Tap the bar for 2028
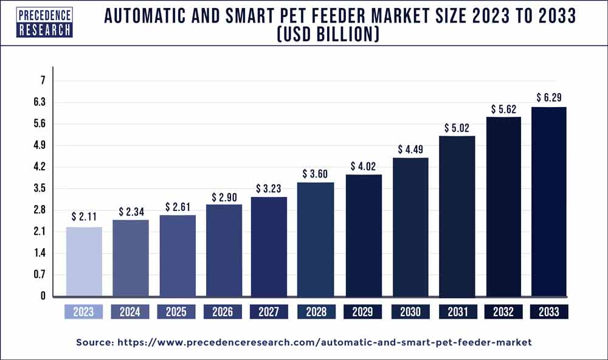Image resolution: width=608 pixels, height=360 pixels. pyautogui.click(x=316, y=239)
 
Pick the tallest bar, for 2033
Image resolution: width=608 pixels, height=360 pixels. pyautogui.click(x=549, y=201)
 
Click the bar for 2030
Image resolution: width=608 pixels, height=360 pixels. pyautogui.click(x=410, y=227)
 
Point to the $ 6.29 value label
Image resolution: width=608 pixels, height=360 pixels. pyautogui.click(x=549, y=97)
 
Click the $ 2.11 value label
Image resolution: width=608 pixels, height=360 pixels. pyautogui.click(x=84, y=216)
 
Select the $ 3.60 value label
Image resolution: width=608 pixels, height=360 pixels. pyautogui.click(x=316, y=173)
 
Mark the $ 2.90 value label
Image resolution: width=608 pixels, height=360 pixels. pyautogui.click(x=223, y=197)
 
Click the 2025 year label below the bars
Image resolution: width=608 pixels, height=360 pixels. pyautogui.click(x=176, y=312)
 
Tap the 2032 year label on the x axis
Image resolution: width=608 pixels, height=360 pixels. pyautogui.click(x=503, y=312)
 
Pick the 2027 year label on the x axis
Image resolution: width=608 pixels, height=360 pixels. pyautogui.click(x=269, y=312)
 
